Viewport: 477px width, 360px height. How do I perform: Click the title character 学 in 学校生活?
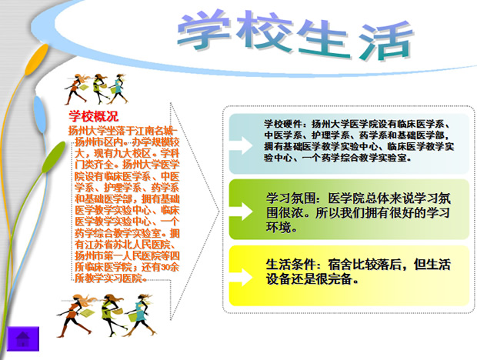tap(204, 31)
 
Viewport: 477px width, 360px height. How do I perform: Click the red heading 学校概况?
tap(93, 117)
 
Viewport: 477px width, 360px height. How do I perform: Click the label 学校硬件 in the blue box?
tap(283, 123)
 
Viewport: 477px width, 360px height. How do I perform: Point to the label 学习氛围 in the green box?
tap(289, 196)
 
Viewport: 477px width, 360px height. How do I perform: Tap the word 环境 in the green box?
tap(279, 228)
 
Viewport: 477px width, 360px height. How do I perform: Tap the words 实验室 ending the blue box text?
tap(395, 158)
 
